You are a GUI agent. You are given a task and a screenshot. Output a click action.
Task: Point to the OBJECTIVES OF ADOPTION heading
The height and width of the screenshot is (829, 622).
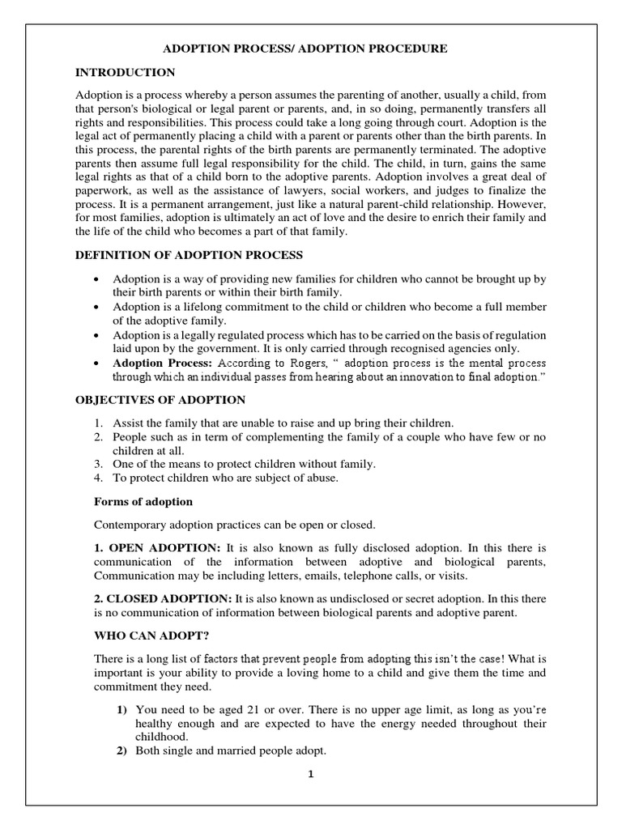[160, 400]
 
